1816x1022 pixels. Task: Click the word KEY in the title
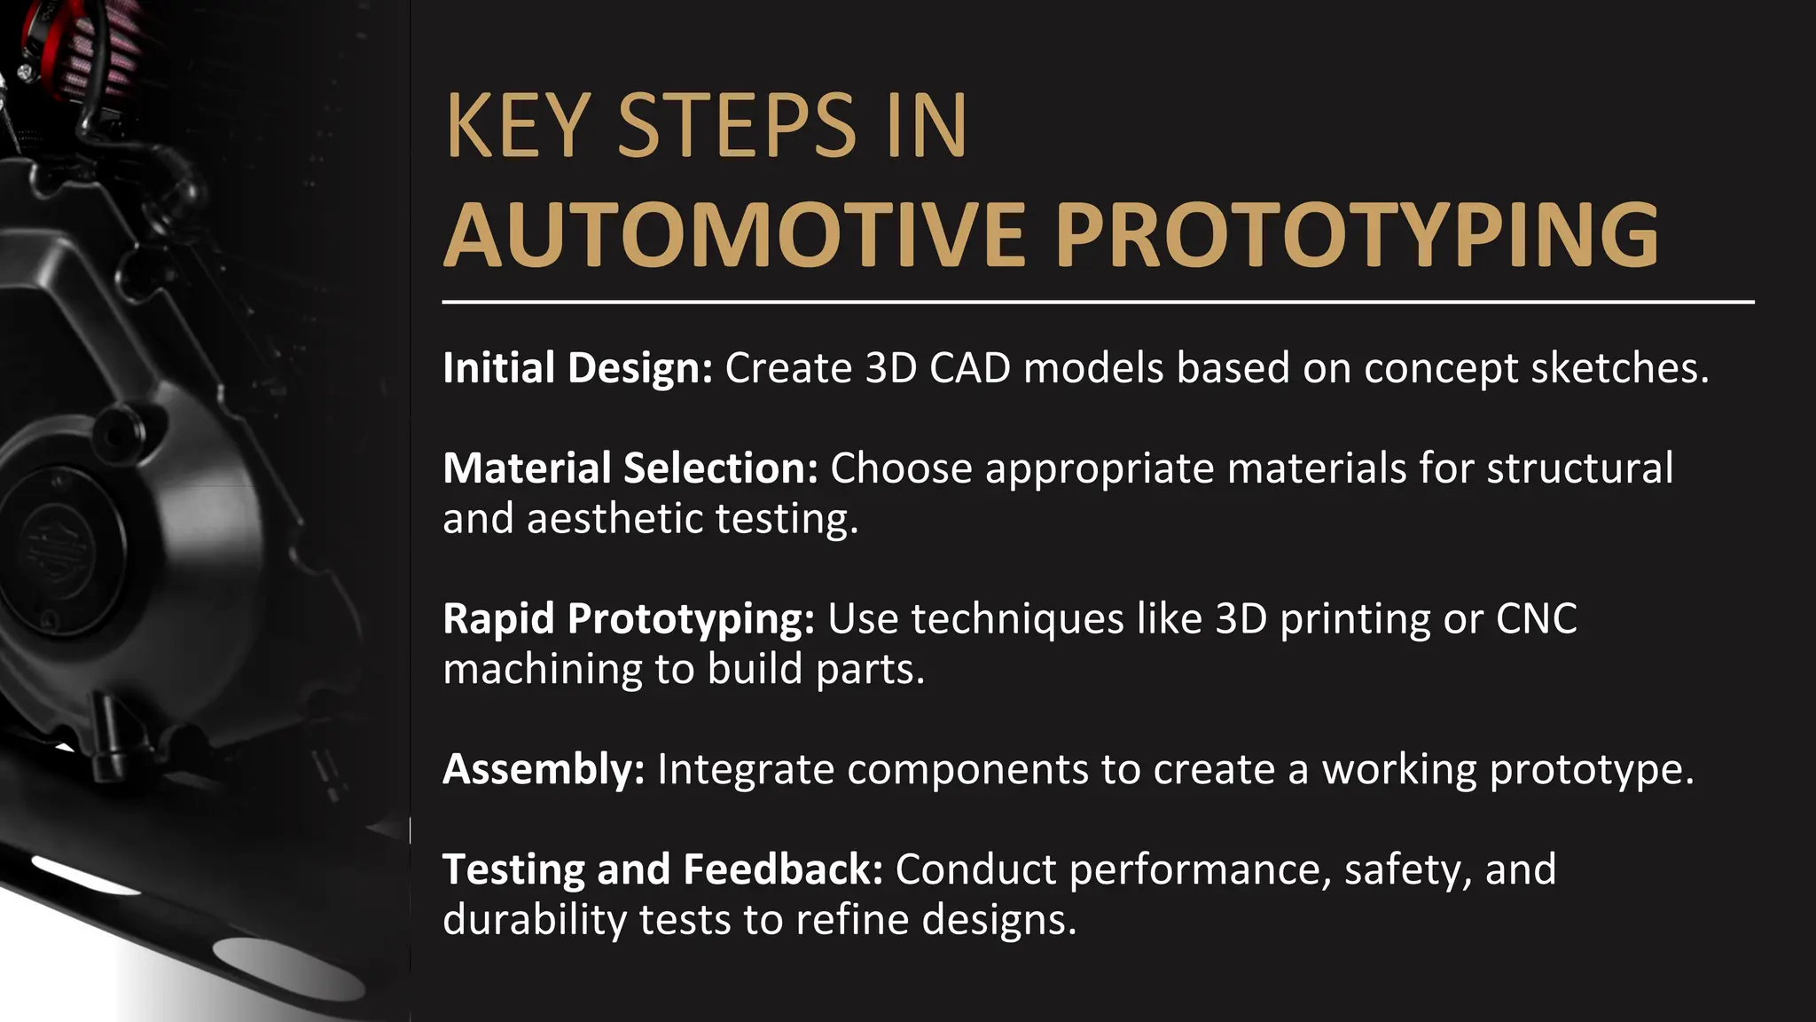[517, 127]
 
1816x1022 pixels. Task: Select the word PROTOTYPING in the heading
[1357, 236]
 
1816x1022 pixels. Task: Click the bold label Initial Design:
[577, 368]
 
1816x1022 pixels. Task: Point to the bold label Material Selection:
[630, 468]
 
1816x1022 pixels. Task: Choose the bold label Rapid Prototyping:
[628, 619]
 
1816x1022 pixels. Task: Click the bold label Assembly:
[544, 769]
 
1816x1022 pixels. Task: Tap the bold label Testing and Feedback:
[662, 869]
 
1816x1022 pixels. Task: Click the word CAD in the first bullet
[970, 368]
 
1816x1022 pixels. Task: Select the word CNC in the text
[1537, 619]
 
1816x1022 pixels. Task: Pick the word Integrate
[745, 769]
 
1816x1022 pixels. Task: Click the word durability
[535, 920]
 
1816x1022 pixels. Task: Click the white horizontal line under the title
[1098, 302]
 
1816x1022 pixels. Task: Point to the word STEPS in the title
[737, 127]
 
